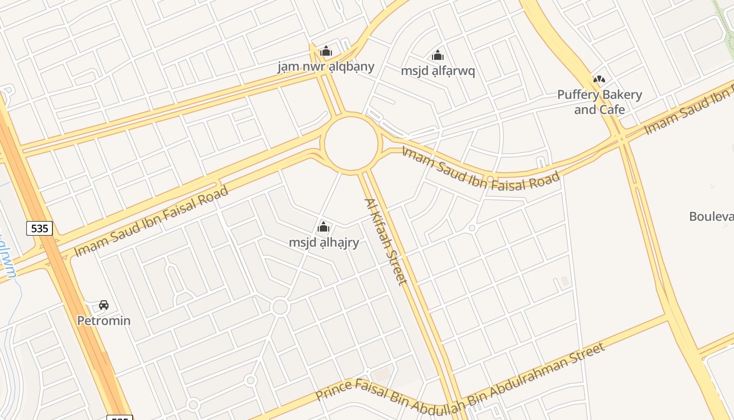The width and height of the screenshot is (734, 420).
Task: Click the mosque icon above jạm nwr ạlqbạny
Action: point(326,51)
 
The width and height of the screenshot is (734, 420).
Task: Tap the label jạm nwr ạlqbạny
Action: point(326,67)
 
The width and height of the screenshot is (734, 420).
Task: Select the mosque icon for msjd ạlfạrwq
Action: point(438,55)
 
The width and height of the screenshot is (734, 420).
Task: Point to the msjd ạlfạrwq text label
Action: point(438,71)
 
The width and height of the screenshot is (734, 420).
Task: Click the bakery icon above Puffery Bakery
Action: point(599,79)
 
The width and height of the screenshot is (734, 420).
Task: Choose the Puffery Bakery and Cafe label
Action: point(599,102)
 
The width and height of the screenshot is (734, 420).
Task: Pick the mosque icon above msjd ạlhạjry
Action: point(323,227)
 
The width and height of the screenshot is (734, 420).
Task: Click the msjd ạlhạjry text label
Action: point(323,243)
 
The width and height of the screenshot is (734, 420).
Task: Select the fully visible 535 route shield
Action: point(39,228)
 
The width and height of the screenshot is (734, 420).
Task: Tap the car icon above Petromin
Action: point(104,305)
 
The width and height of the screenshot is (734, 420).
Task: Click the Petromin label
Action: point(104,320)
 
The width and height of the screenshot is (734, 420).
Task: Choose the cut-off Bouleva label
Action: point(711,216)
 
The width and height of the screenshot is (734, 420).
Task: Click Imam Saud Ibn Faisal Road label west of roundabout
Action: point(151,221)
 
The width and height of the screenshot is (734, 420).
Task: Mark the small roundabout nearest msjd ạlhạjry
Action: point(280,307)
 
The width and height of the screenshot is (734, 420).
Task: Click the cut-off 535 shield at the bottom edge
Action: point(120,417)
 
